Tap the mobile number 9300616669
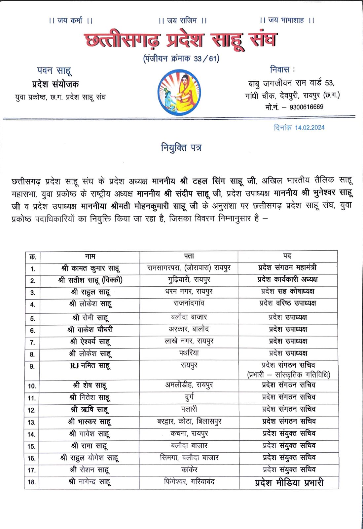pos(306,107)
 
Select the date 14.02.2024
pos(309,128)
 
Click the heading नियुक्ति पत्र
pos(181,147)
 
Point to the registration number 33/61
pos(206,59)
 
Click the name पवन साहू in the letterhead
pos(54,71)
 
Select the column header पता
pos(189,256)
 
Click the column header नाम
pos(90,256)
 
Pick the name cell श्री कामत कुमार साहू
pos(90,268)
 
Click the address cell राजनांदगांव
pos(189,303)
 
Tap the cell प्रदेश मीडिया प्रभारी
pos(289,483)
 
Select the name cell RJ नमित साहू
pos(90,366)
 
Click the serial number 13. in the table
pos(32,422)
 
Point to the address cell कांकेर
pos(189,470)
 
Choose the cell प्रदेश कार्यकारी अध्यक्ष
pos(287,280)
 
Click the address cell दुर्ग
pos(189,397)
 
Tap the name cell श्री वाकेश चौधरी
pos(90,330)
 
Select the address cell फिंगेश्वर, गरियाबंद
pos(189,482)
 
